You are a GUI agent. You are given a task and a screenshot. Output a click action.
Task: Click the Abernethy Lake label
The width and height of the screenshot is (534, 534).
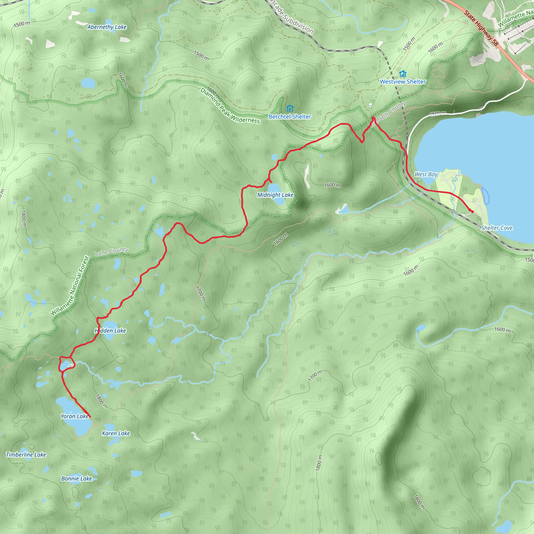pos(107,27)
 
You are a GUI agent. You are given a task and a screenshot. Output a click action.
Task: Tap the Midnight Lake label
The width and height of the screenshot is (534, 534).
pos(275,195)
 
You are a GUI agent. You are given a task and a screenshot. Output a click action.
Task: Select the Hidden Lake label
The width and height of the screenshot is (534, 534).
pos(110,331)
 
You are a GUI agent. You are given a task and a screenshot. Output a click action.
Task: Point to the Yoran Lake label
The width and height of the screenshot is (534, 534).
pos(75,416)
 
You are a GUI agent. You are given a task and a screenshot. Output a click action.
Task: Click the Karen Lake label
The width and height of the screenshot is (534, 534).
pos(116,433)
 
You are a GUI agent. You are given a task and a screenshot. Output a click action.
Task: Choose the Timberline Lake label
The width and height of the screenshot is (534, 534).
pos(26,455)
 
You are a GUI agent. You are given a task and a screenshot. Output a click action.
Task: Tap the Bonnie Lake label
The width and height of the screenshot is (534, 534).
pos(77,478)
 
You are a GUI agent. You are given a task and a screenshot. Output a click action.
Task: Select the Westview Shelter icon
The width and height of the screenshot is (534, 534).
pos(403,74)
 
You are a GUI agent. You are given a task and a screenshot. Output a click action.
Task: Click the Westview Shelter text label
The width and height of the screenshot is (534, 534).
pos(403,82)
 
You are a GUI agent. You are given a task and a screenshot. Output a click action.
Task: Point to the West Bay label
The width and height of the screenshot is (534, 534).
pos(426,174)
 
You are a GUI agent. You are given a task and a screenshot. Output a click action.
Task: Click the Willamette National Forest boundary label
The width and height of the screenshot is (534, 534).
pos(70,286)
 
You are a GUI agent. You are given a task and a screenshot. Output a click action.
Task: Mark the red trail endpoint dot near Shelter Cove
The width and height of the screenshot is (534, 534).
pos(472,212)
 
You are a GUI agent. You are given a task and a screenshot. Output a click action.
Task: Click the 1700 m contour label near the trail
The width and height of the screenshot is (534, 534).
pos(201,293)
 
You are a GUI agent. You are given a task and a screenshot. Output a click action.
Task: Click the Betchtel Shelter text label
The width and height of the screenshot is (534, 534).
pos(290,117)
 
